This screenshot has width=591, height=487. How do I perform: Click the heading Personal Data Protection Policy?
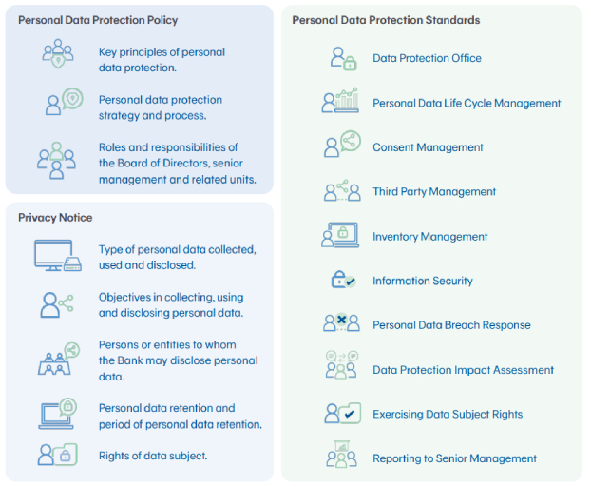[98, 20]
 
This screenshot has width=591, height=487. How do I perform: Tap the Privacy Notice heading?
[55, 218]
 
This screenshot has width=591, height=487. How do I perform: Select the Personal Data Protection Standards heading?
[386, 20]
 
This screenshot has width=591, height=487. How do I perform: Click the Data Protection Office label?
[427, 58]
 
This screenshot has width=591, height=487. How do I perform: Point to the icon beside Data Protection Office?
[343, 58]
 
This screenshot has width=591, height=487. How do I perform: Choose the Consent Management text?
[428, 147]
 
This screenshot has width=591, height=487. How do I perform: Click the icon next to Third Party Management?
[342, 190]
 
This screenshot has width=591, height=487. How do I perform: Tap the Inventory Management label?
[430, 237]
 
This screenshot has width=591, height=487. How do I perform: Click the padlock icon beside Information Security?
[343, 280]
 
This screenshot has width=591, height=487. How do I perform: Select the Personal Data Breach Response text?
[451, 325]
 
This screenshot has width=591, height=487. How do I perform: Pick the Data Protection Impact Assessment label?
[464, 370]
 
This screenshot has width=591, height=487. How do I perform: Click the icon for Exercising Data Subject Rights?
[343, 413]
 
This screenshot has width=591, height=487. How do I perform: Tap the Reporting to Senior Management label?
[454, 458]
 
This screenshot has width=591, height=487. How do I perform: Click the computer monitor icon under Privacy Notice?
[57, 255]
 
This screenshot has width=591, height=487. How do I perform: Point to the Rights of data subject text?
[153, 456]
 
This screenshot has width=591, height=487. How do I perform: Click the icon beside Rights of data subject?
[57, 455]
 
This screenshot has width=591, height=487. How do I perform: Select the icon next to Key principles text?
[58, 53]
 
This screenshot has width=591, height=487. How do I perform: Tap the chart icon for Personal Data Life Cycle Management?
[340, 100]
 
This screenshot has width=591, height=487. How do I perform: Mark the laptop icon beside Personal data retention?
[58, 414]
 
